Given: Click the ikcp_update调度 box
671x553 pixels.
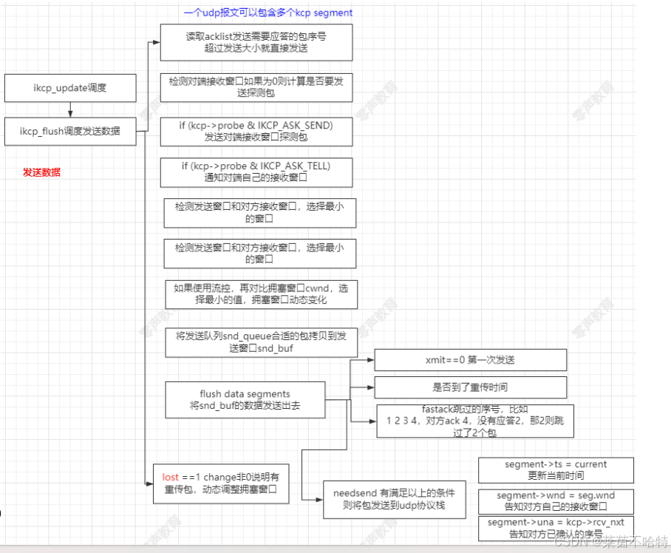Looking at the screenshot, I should pos(70,88).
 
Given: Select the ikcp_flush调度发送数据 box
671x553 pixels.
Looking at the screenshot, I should pos(70,132).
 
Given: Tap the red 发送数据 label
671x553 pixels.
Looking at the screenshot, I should pos(41,172).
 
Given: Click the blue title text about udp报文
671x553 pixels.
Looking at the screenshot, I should pos(268,13).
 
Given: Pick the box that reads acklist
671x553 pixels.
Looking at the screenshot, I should pos(256,42).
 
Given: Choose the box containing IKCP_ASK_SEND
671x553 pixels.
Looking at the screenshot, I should pos(256,131).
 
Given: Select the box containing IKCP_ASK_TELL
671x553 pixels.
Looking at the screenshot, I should pos(256,172).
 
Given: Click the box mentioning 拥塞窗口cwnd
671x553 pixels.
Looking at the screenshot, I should pos(261,294).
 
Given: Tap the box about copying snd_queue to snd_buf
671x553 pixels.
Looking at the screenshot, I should pos(261,341).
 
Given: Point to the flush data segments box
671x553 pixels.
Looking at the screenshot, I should pos(245,400).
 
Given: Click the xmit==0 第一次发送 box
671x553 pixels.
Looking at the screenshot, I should pos(470,360).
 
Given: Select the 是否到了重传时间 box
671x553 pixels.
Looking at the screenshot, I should pos(470,387).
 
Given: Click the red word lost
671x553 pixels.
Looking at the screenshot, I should pos(171,477).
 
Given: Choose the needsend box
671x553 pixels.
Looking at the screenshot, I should pos(394,499).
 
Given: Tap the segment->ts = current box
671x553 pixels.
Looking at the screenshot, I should pos(556,469).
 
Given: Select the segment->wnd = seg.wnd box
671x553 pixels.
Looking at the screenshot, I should pos(556,501).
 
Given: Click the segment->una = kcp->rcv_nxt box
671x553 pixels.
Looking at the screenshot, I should pos(556,526).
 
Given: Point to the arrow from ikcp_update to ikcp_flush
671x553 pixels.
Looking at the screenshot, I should pos(70,109).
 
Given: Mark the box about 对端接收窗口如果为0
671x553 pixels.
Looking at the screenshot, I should pos(256,87).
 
